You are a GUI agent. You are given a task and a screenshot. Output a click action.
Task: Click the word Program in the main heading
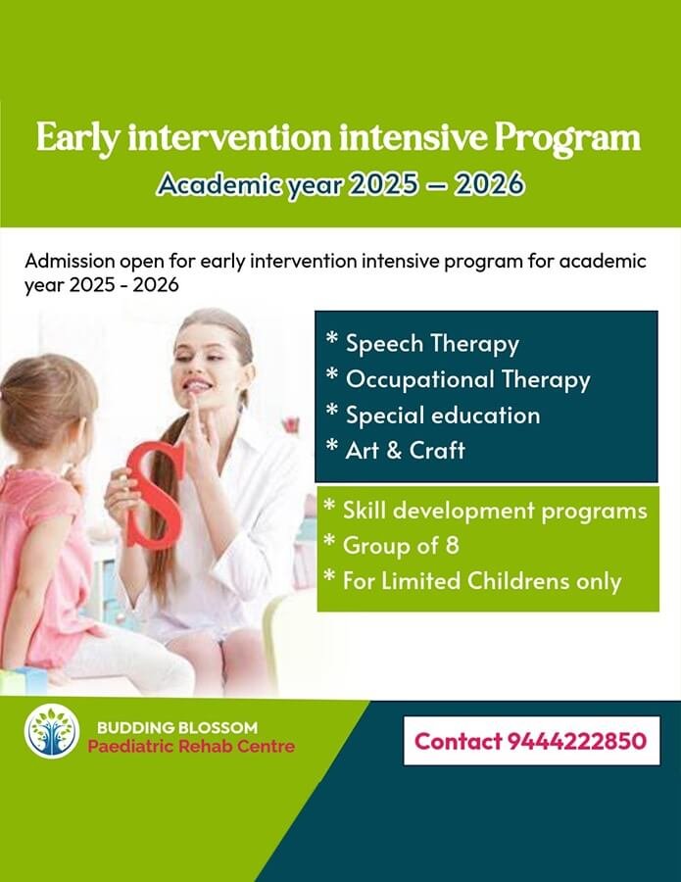[567, 139]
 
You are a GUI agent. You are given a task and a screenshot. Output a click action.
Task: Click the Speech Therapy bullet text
[432, 344]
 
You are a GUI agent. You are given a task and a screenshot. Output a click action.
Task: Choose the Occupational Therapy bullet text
[467, 379]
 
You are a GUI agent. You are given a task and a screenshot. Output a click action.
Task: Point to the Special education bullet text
[443, 416]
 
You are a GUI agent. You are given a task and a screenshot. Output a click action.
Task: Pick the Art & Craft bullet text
[406, 450]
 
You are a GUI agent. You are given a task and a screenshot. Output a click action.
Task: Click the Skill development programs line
[495, 511]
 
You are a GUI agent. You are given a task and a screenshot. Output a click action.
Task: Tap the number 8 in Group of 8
[452, 546]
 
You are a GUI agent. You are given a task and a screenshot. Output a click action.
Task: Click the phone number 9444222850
[577, 741]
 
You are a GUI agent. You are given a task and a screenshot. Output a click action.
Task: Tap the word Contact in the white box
[458, 741]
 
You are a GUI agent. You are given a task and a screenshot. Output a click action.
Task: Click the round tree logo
[52, 731]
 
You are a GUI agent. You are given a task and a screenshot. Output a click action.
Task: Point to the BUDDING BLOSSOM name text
[177, 727]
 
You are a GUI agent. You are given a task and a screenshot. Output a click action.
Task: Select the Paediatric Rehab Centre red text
[191, 747]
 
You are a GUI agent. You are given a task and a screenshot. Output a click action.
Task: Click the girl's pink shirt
[39, 557]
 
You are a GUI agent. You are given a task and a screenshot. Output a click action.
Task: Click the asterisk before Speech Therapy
[332, 338]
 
